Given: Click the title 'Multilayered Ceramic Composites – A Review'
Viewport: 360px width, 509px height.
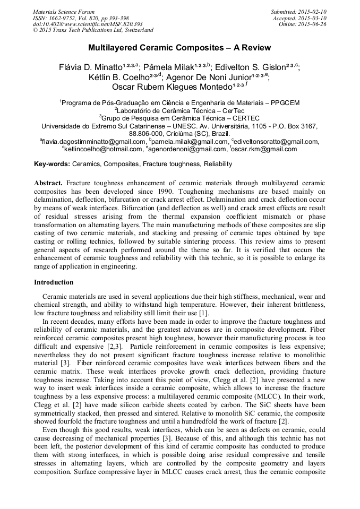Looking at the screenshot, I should (179, 48).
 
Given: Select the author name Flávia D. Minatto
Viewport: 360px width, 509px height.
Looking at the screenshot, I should (90, 67).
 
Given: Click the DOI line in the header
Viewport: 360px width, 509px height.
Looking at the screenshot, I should (88, 24).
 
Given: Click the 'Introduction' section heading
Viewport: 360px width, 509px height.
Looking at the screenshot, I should (54, 282).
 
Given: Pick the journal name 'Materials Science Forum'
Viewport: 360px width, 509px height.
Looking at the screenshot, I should (64, 12).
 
